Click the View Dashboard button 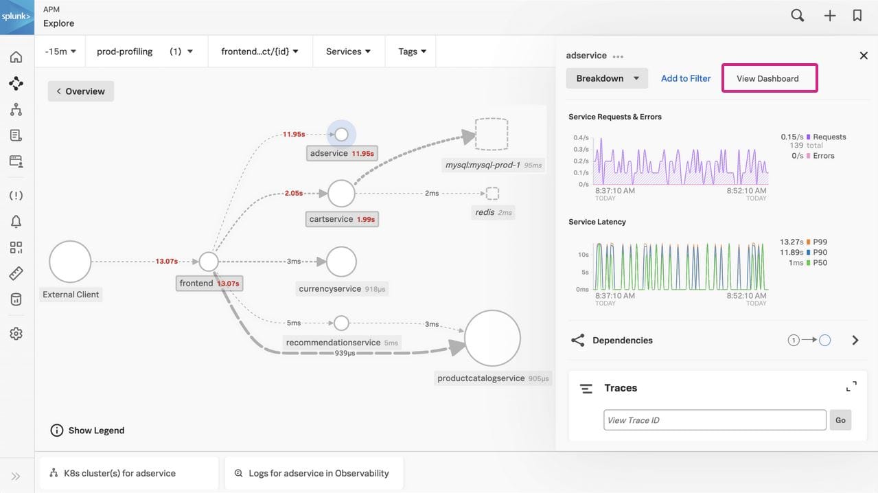769,78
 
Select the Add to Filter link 685,78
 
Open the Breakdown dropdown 607,78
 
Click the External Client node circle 70,262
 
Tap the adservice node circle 341,135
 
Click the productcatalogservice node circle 492,338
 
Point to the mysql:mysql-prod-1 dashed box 492,135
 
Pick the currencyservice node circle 341,262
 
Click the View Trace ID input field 714,420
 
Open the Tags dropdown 413,51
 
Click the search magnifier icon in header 797,15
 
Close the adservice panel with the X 864,56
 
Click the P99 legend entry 819,242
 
